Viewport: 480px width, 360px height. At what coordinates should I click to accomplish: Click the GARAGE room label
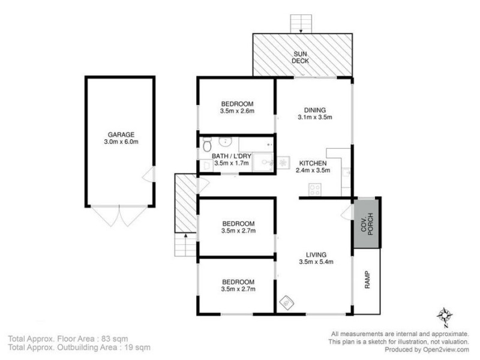121,134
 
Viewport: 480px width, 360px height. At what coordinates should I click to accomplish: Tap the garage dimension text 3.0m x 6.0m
121,142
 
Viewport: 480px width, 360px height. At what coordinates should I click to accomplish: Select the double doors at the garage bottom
120,216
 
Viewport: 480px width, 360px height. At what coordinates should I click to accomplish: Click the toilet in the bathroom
207,144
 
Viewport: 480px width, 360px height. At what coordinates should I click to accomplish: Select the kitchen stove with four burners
315,190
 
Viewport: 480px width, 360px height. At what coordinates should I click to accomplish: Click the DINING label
314,110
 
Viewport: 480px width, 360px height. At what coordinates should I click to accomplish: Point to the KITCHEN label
313,163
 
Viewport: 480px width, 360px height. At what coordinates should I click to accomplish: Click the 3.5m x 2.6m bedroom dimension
238,110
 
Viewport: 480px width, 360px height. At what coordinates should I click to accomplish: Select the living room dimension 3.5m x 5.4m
316,262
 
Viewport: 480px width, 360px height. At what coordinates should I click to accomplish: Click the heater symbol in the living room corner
286,303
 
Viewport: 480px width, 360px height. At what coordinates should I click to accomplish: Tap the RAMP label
367,280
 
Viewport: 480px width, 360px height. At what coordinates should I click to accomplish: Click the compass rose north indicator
445,314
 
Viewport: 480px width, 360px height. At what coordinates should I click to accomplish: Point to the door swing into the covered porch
346,213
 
